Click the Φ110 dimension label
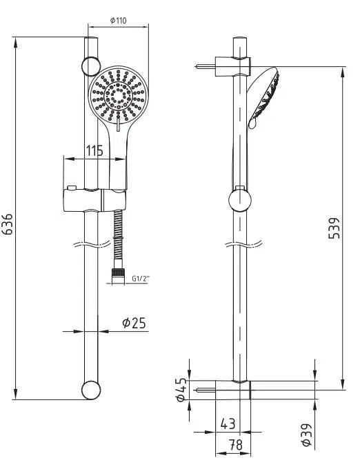[118, 21]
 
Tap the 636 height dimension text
[8, 224]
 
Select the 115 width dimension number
[94, 150]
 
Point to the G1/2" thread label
[141, 279]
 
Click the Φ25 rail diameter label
[134, 323]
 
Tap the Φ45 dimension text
[181, 390]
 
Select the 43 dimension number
[228, 424]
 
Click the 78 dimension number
[236, 445]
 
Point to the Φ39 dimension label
[306, 435]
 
